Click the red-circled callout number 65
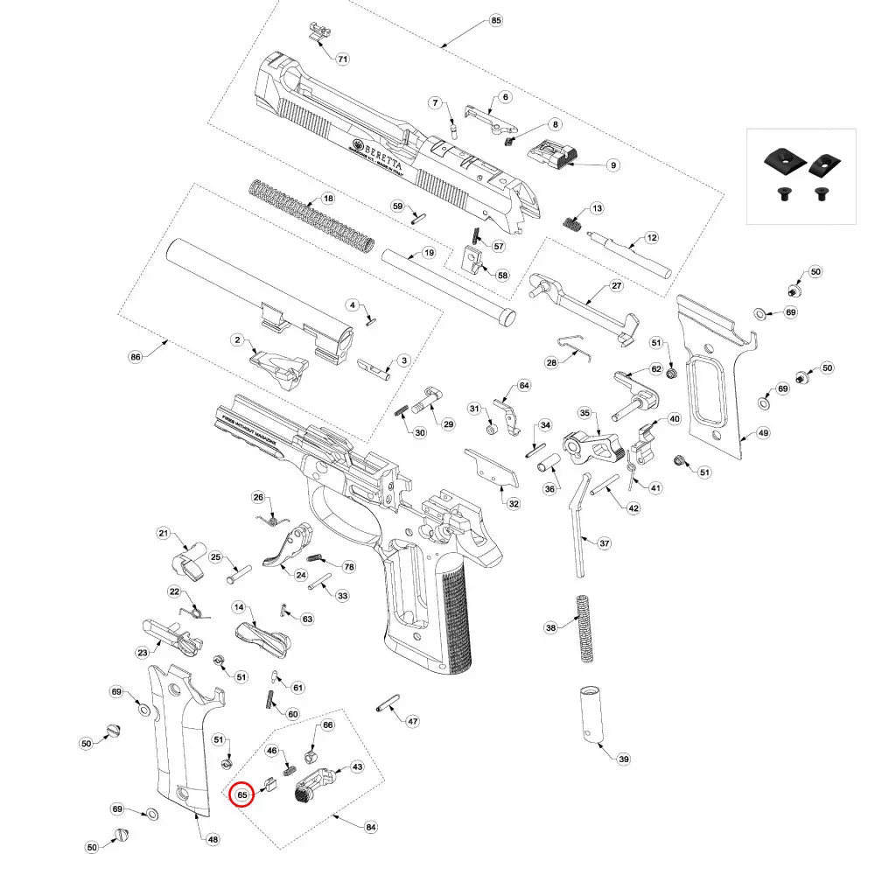click(242, 794)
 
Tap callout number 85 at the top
click(496, 20)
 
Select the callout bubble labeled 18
click(328, 199)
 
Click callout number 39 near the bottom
click(623, 759)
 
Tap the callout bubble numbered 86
click(136, 357)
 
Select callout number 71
click(342, 59)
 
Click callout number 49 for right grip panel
click(763, 432)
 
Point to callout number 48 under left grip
click(213, 839)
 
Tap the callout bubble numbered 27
click(615, 286)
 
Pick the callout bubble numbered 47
click(412, 721)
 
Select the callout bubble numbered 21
click(163, 534)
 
